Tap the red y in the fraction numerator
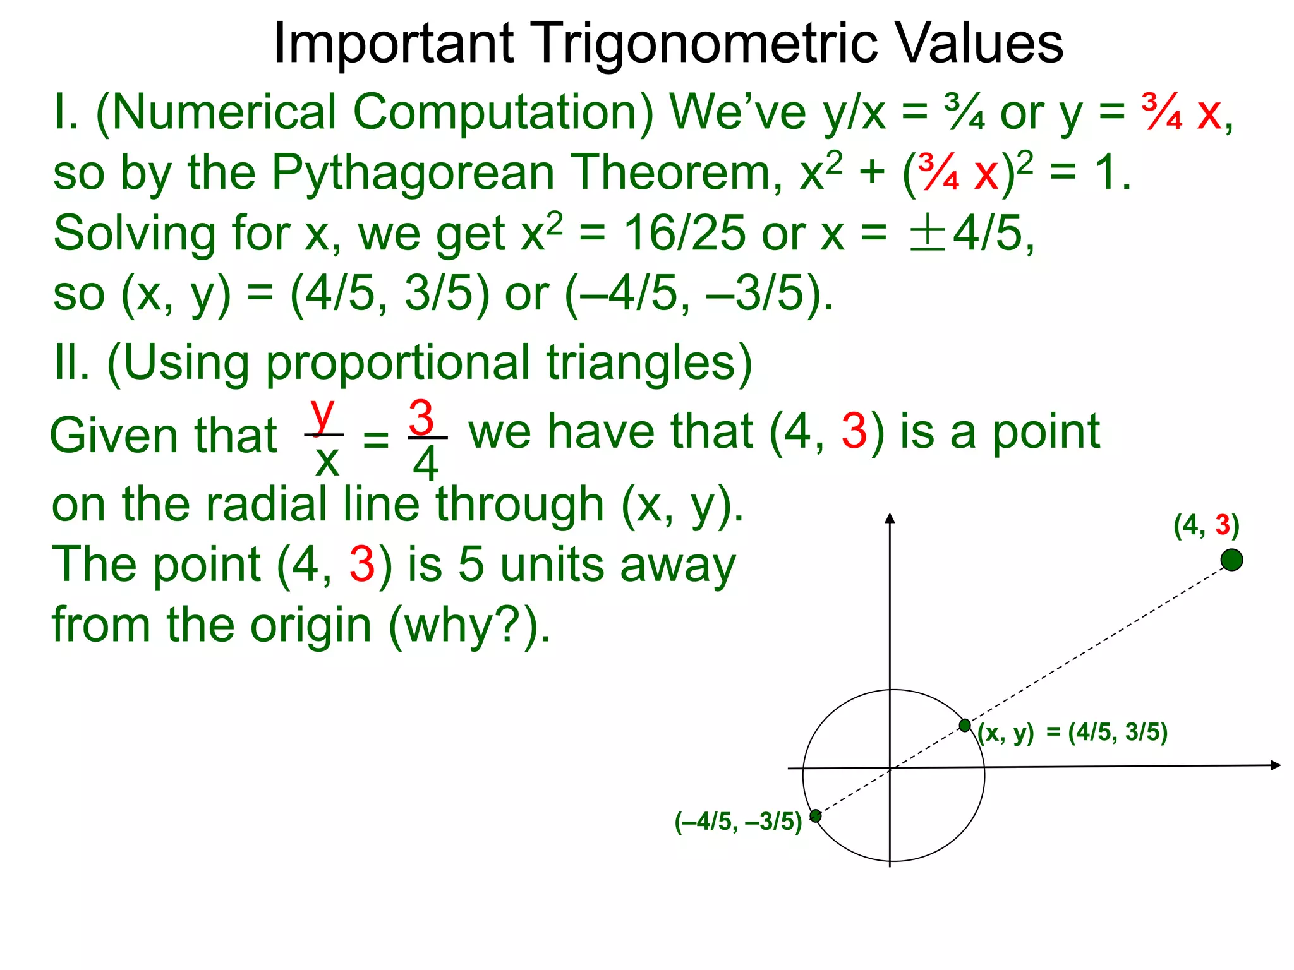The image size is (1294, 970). (323, 414)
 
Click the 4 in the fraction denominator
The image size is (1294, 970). (426, 464)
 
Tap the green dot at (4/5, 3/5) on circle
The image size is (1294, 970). (965, 725)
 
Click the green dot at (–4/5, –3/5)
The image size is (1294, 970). (816, 816)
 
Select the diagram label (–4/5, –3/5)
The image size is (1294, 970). (738, 822)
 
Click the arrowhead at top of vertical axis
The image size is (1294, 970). (890, 519)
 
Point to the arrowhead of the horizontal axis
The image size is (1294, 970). (1275, 765)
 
